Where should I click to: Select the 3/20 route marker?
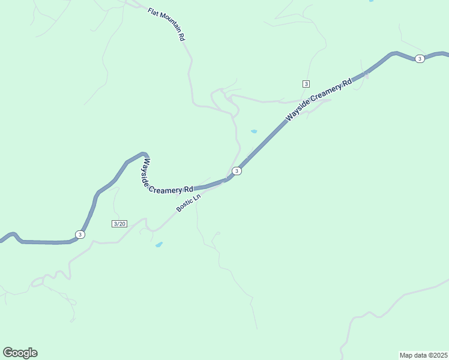coord(119,224)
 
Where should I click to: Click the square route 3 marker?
coord(306,83)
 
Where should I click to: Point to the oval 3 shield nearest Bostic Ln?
coord(237,171)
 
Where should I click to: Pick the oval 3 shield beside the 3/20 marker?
coord(80,234)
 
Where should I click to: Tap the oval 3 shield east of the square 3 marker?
coord(420,58)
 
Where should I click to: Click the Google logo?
coord(20,353)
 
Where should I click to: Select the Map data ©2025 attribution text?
coord(423,355)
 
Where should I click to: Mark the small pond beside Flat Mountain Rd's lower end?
coord(254,131)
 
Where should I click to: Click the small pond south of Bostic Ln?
coord(159,244)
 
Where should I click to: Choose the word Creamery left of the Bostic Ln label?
coord(165,191)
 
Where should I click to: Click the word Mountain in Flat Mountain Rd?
coord(170,26)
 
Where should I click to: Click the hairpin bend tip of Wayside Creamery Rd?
coord(143,154)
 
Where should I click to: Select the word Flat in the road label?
coord(152,11)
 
